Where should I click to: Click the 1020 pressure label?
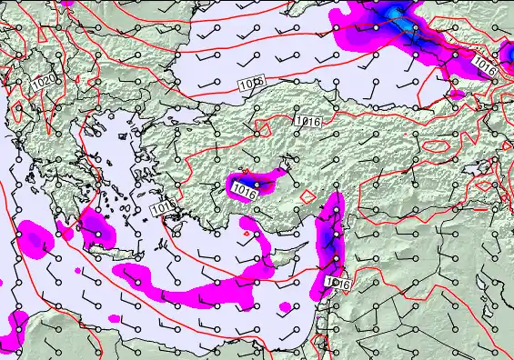42,83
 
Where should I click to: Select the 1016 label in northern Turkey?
308,121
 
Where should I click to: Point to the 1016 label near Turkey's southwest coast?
163,209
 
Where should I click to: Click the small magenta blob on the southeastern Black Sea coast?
457,94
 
